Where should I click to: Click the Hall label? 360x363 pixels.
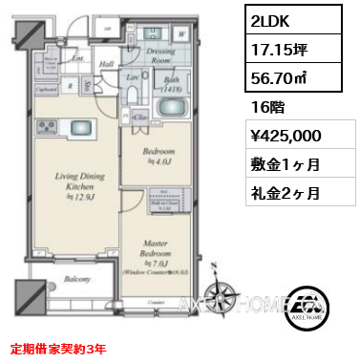pyautogui.click(x=107, y=65)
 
